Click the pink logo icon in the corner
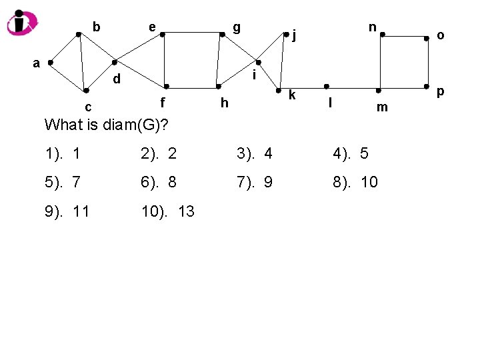(x=22, y=23)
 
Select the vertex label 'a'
(x=37, y=63)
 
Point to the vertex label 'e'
(x=153, y=27)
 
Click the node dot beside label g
(x=221, y=34)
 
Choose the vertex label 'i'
(x=254, y=77)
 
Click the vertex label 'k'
(x=292, y=95)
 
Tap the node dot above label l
(x=327, y=87)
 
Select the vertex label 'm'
(x=382, y=107)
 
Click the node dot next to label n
(x=381, y=36)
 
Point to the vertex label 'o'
(x=441, y=35)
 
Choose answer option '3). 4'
(x=254, y=154)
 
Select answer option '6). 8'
(x=159, y=182)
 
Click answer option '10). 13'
(x=167, y=212)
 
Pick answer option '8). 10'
(x=355, y=182)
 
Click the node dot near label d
(x=114, y=62)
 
